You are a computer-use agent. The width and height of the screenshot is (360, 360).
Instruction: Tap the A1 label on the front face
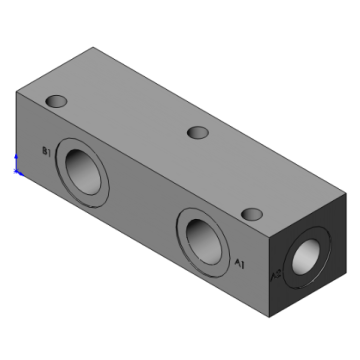coord(239,263)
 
